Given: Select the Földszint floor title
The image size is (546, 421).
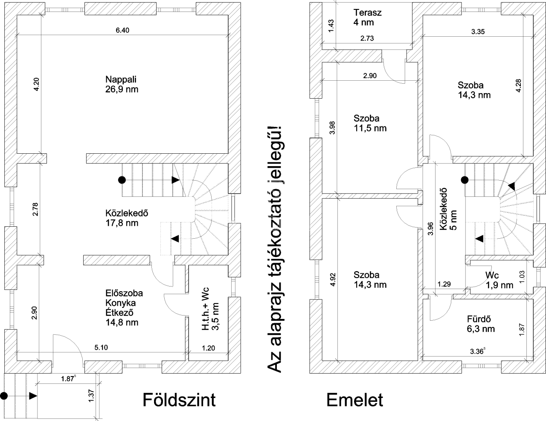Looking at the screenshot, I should [179, 401].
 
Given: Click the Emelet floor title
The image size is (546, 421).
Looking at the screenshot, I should [355, 401].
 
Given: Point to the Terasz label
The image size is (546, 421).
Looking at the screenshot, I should [368, 12].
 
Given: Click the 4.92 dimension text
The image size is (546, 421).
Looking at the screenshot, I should [333, 286].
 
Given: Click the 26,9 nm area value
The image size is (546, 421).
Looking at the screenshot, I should [122, 90].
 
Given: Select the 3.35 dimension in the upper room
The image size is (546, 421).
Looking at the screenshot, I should [478, 31].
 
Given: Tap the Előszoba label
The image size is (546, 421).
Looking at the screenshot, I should [124, 294].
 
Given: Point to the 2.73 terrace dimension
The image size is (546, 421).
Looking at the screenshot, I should [367, 38].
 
